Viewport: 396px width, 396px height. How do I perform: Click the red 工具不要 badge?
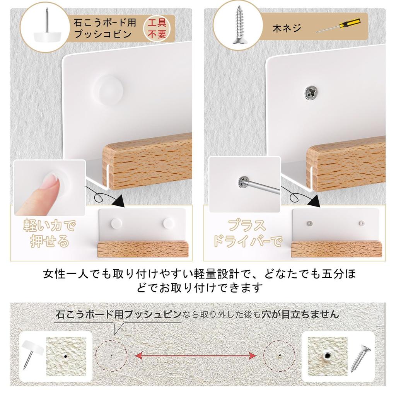tap(157, 29)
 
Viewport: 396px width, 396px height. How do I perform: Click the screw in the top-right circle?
tap(239, 27)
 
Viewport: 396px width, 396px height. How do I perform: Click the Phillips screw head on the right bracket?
tap(311, 92)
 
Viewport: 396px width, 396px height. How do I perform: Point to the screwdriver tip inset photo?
tap(244, 184)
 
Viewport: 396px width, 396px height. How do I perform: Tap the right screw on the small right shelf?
tap(361, 223)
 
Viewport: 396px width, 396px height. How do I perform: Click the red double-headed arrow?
tap(196, 355)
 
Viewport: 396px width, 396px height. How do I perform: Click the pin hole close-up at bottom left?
tap(66, 354)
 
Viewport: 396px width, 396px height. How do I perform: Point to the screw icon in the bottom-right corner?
tap(360, 358)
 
